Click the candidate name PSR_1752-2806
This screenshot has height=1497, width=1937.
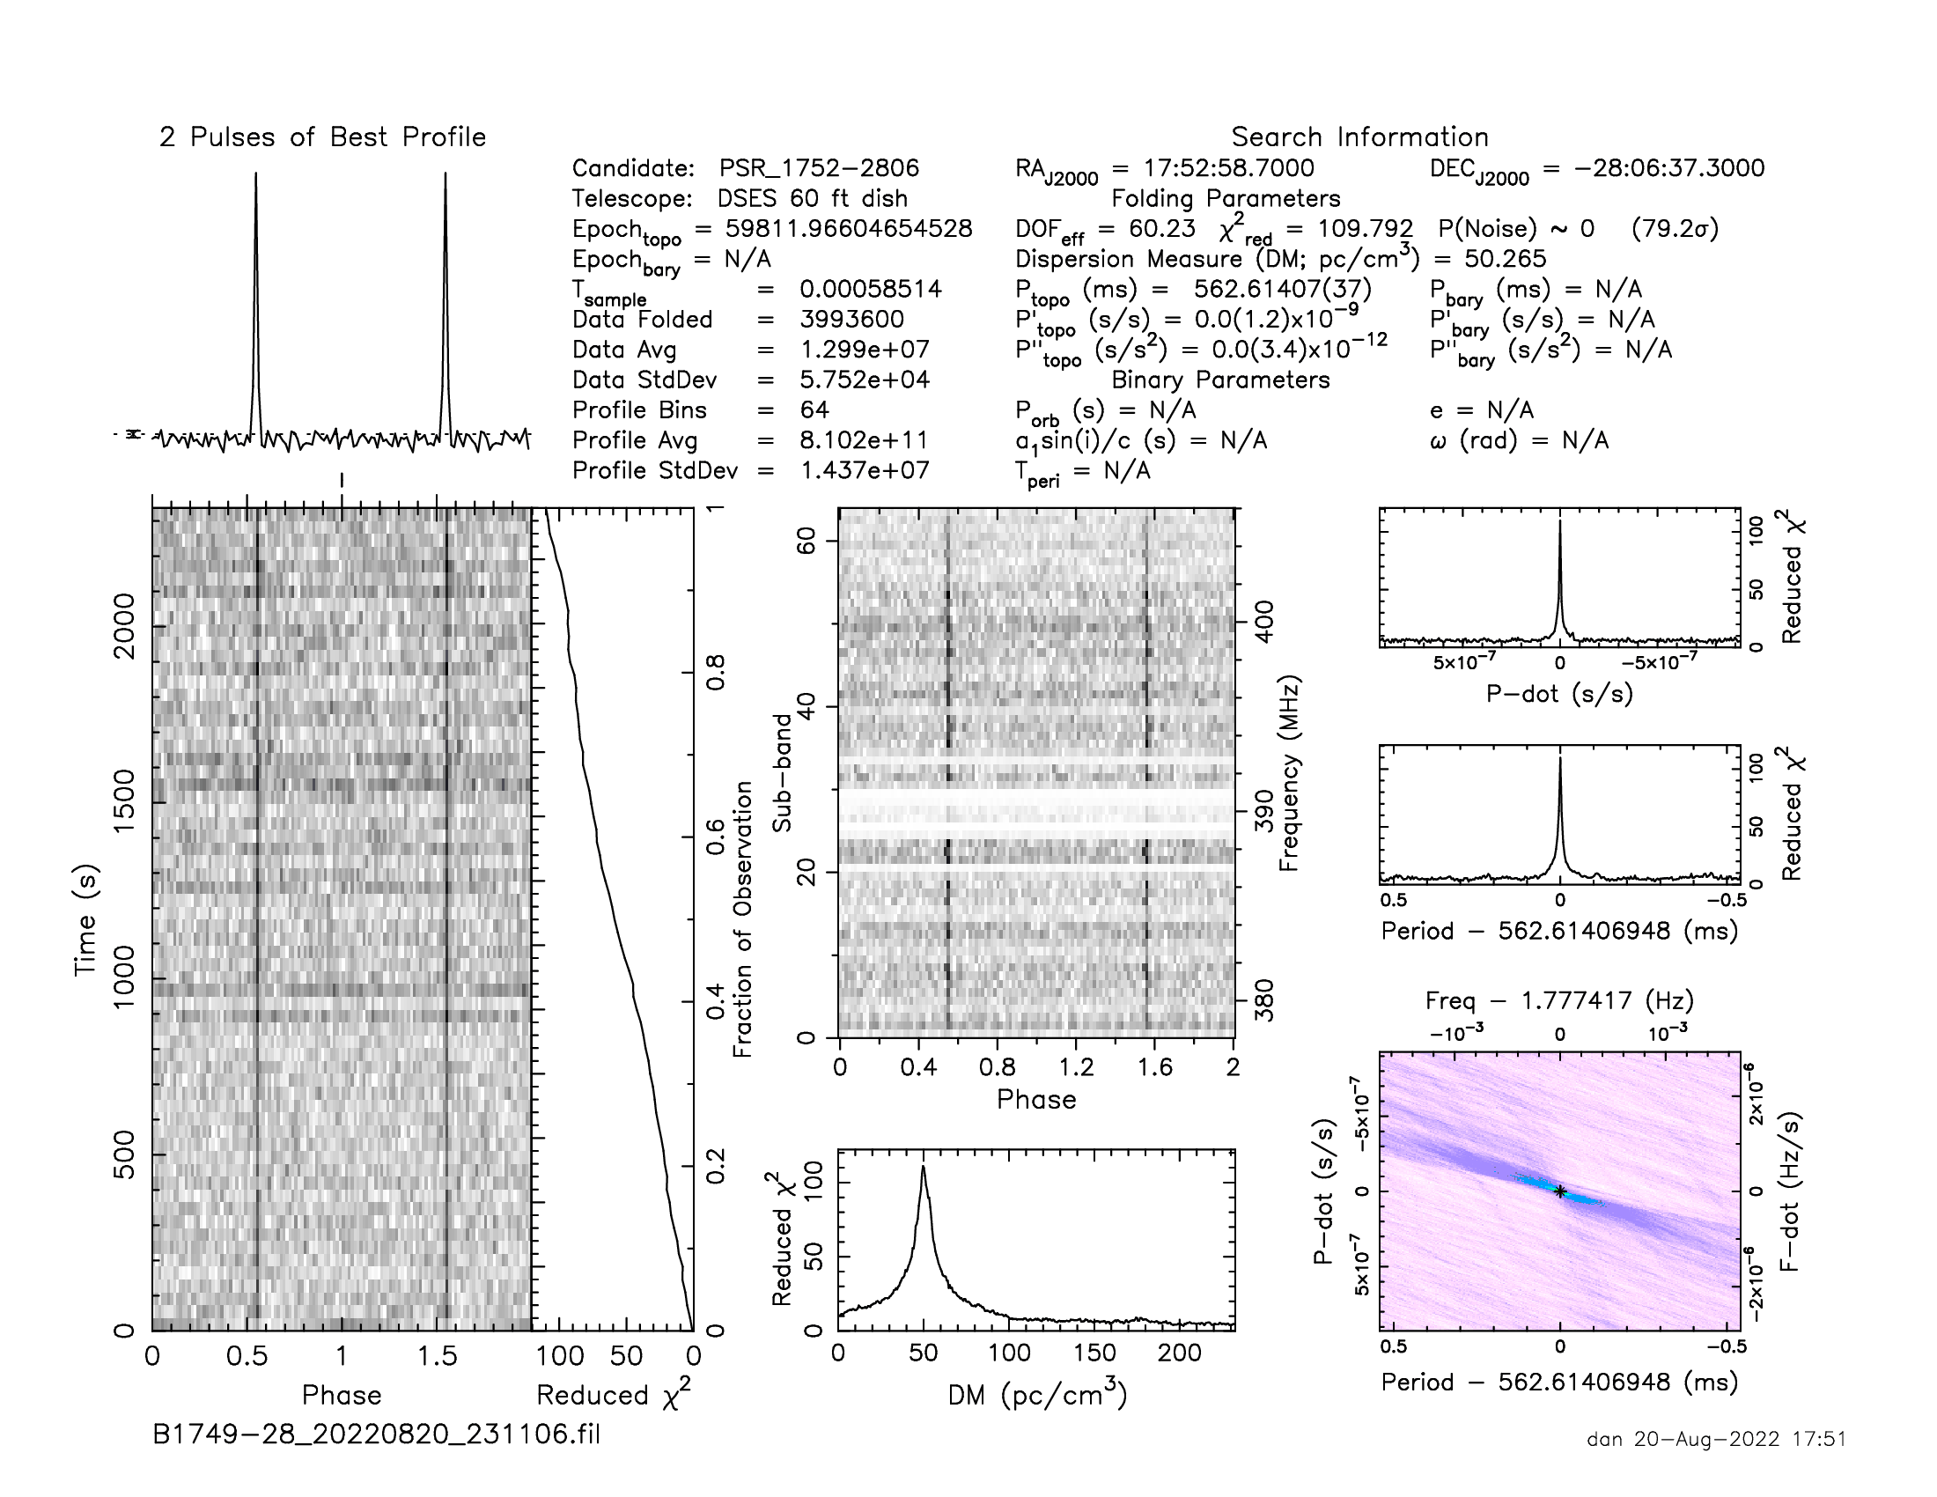[x=819, y=168]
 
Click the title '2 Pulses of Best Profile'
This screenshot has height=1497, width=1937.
[x=323, y=137]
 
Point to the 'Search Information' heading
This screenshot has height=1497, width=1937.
[x=1359, y=137]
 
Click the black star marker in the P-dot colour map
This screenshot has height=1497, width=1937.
[x=1560, y=1192]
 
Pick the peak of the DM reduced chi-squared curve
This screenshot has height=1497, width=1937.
[x=924, y=1168]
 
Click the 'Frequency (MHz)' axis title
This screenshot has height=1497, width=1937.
[x=1289, y=773]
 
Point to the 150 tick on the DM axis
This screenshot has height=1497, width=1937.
[x=1094, y=1353]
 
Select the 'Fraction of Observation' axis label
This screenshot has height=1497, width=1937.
[x=742, y=918]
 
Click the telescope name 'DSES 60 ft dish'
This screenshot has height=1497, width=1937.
[x=813, y=199]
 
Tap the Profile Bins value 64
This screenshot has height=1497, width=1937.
[x=814, y=409]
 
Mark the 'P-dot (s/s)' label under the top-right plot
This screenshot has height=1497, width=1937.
[x=1559, y=694]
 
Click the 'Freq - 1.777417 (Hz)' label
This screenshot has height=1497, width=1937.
[x=1559, y=1001]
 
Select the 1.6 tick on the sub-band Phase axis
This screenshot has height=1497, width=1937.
[x=1155, y=1067]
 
